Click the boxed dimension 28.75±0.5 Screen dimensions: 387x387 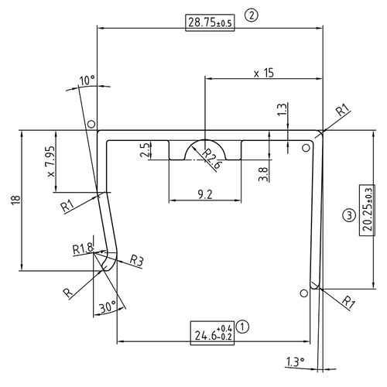210,22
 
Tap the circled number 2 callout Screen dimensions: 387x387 250,14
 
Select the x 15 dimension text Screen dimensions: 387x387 265,74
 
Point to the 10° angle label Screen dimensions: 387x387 87,80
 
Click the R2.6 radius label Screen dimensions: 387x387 213,159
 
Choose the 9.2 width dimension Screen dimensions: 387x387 205,193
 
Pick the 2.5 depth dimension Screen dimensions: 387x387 145,150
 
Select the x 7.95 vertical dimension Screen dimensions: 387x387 50,163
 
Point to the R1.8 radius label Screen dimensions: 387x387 82,248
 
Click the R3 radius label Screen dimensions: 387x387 136,260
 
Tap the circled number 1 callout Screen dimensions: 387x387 244,327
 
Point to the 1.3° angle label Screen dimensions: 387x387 295,361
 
